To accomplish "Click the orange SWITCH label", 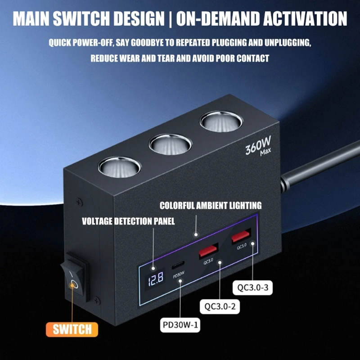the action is [72, 329].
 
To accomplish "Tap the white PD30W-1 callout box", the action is [180, 325].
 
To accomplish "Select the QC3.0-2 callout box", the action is [220, 306].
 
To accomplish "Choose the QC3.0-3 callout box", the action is [252, 288].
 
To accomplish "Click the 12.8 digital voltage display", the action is [155, 278].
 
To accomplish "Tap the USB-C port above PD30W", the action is [178, 265].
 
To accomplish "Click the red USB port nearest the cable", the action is [241, 236].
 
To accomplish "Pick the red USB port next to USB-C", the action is [208, 250].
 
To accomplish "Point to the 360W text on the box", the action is [258, 145].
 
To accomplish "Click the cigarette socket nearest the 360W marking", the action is [221, 121].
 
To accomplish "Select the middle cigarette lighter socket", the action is [170, 144].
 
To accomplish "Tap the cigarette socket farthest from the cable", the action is [119, 167].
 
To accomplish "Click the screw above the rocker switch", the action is [79, 202].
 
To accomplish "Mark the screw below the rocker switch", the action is [97, 300].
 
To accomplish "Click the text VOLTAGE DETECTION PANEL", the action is [128, 221].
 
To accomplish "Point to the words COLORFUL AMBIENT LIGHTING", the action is [211, 206].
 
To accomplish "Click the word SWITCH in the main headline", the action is [81, 18].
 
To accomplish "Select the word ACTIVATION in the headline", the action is [305, 18].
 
